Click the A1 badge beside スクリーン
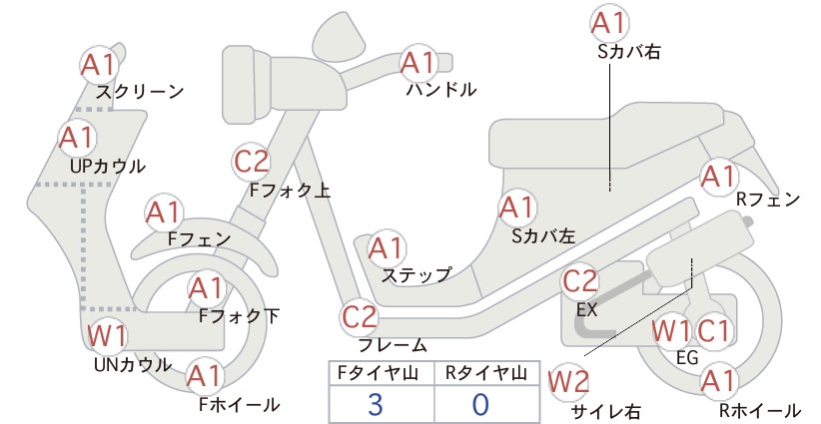coord(98,64)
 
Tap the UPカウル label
coord(107,167)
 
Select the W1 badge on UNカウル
coord(106,335)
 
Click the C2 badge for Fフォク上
coord(251,161)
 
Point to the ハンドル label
coord(441,90)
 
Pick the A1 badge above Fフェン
coord(164,212)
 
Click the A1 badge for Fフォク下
coord(206,288)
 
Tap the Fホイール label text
coord(240,404)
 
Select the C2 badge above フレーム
coord(359,317)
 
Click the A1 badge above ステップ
coord(386,248)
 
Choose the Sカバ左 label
coord(543,236)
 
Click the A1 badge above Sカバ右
coord(609,23)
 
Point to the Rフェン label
coord(768,200)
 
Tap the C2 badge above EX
coord(579,281)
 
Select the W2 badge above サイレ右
coord(568,382)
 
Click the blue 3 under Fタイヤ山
coord(376,404)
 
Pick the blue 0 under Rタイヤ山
coord(480,404)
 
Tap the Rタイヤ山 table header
coord(485,373)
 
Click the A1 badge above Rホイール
coord(719,381)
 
